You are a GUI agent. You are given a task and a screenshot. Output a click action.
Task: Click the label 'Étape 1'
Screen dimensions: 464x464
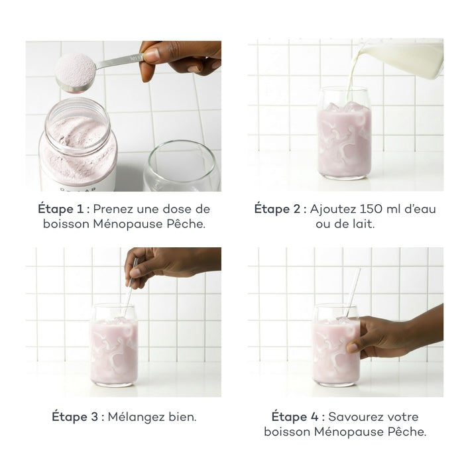click(62, 209)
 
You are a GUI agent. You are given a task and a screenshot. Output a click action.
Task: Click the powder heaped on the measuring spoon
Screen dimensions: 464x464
click(74, 69)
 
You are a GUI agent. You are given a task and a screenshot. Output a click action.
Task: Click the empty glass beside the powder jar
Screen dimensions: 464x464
click(180, 166)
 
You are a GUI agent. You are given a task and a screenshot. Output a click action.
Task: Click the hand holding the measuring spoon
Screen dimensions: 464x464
click(180, 56)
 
